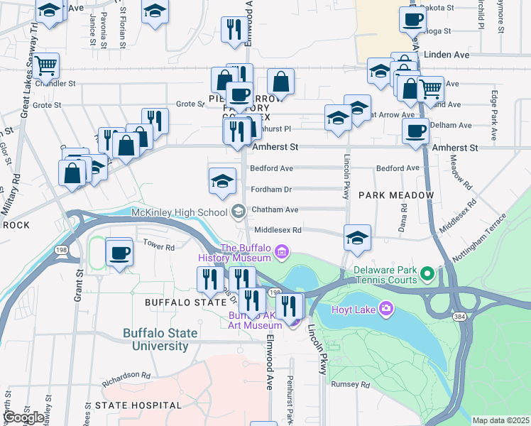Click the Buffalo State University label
pos(156,339)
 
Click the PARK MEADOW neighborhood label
pos(396,195)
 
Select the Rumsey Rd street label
pos(351,384)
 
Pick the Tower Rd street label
pos(159,247)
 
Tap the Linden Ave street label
pos(447,55)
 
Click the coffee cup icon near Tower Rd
pos(119,253)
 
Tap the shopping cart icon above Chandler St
pos(45,66)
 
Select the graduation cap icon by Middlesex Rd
pos(357,238)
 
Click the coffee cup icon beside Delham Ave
pos(415,131)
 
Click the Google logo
pos(23,418)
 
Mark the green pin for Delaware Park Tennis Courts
pos(427,273)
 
